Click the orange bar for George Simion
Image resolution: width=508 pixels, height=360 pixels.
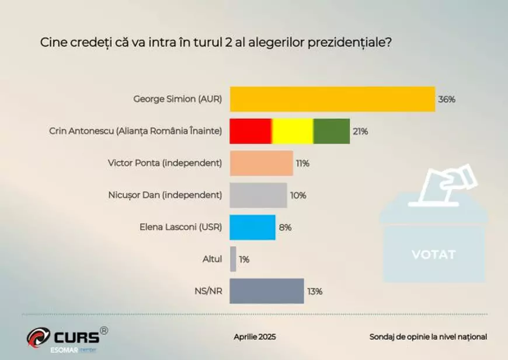click(332, 99)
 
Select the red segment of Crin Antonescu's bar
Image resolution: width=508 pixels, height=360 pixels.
click(250, 131)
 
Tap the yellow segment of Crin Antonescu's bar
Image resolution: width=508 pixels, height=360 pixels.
click(293, 131)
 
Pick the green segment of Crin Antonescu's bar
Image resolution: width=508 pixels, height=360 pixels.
click(332, 131)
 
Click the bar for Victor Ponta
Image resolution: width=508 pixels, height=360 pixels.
click(261, 163)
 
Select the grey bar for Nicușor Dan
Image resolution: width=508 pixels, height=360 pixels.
click(258, 195)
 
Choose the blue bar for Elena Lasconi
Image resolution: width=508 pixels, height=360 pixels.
click(252, 228)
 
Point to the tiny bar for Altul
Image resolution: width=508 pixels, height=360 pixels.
click(234, 259)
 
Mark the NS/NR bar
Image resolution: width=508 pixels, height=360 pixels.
click(267, 291)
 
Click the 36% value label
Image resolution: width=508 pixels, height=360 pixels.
click(447, 99)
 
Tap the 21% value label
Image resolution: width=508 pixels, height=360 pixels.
click(360, 131)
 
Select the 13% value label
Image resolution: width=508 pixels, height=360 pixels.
click(315, 291)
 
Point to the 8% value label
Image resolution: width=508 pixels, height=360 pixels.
click(286, 228)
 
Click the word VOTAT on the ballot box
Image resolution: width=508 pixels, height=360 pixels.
click(433, 254)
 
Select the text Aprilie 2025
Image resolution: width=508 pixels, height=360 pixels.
click(255, 337)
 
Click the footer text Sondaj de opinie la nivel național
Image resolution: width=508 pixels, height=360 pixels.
click(428, 337)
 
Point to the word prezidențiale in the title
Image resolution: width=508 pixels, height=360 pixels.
click(346, 43)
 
